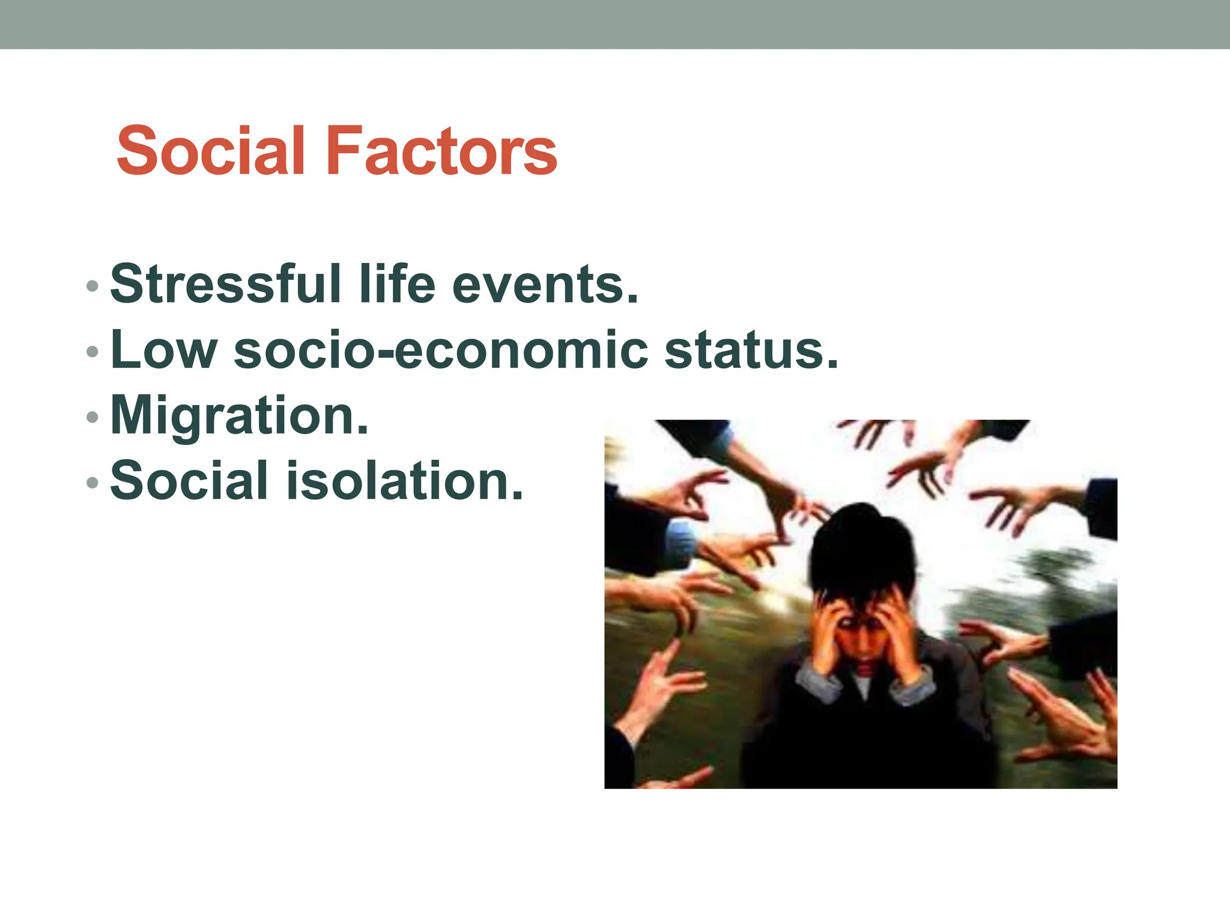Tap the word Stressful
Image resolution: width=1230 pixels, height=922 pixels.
(226, 283)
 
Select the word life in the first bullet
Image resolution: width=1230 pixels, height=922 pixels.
(397, 283)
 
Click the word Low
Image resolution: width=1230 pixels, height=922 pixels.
(164, 349)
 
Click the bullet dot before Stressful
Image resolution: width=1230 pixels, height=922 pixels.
(92, 286)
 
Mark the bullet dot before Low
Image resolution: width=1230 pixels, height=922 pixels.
(92, 351)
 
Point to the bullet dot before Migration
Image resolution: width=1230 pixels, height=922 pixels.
(92, 417)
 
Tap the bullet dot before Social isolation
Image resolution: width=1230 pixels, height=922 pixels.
(92, 482)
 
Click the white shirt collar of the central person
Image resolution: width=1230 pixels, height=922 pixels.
(863, 684)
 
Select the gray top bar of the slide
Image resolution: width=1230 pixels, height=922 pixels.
(615, 24)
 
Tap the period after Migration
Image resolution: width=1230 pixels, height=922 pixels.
(362, 430)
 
